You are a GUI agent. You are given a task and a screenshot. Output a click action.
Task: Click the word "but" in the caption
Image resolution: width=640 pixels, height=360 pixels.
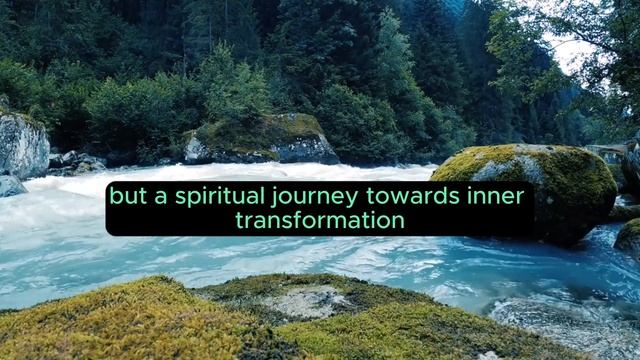click(x=126, y=197)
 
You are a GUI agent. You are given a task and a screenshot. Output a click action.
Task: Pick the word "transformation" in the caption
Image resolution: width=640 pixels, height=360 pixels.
click(x=320, y=221)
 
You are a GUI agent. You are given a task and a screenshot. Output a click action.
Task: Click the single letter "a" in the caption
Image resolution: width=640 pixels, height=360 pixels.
click(x=158, y=198)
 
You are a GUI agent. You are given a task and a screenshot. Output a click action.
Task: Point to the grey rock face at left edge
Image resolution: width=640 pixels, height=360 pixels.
click(x=22, y=146)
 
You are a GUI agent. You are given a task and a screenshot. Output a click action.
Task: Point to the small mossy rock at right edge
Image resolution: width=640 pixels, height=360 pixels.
click(x=629, y=238)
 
